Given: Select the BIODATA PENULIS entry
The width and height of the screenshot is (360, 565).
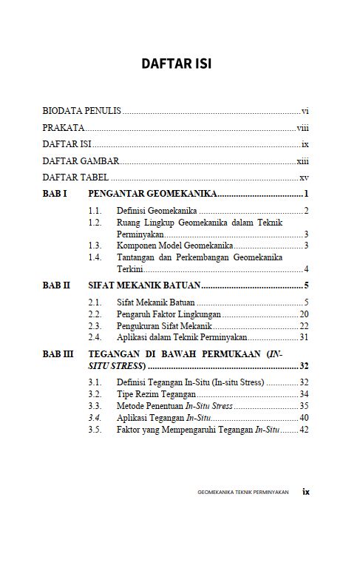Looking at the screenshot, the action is pyautogui.click(x=81, y=110).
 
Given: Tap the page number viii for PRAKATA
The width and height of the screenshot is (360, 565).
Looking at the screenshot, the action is pyautogui.click(x=302, y=127).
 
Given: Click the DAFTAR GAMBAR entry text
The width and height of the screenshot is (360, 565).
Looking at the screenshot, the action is pyautogui.click(x=81, y=160).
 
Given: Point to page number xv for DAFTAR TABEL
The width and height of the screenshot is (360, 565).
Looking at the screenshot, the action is pyautogui.click(x=303, y=177).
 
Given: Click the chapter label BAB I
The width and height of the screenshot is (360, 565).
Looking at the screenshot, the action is pyautogui.click(x=55, y=194).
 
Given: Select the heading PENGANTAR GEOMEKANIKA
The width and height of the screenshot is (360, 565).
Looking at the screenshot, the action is pyautogui.click(x=152, y=194).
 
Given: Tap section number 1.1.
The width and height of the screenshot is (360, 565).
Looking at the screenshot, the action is pyautogui.click(x=94, y=212).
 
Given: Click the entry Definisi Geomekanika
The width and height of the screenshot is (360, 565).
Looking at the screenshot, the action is pyautogui.click(x=156, y=212).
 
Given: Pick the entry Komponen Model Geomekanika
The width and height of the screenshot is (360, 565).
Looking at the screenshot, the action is pyautogui.click(x=175, y=245).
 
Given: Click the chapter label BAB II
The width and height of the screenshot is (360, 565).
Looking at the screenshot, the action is pyautogui.click(x=56, y=285).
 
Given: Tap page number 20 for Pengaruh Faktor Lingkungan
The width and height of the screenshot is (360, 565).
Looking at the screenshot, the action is pyautogui.click(x=303, y=314).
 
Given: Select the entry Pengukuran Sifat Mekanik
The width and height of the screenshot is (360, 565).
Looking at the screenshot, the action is pyautogui.click(x=163, y=325).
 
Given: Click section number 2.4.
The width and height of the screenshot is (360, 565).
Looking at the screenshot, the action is pyautogui.click(x=94, y=337).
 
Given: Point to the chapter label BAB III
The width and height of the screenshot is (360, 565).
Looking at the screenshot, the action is pyautogui.click(x=58, y=354).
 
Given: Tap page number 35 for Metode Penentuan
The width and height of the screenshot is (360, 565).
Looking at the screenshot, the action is pyautogui.click(x=303, y=406).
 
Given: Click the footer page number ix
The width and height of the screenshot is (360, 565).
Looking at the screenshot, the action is pyautogui.click(x=305, y=490).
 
